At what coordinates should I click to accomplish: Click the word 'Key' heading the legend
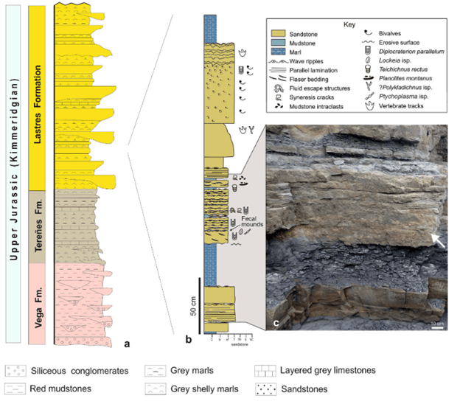[x=350, y=24]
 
